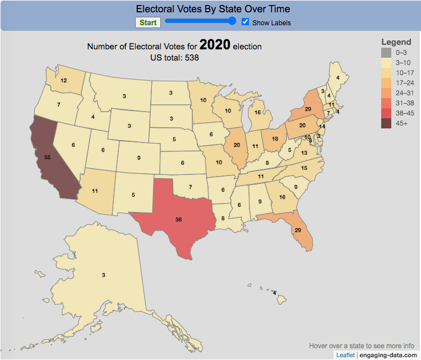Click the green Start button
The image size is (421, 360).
point(148,22)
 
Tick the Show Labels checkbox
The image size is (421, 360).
point(245,22)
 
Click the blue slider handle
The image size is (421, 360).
point(233,21)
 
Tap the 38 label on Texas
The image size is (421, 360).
point(178,220)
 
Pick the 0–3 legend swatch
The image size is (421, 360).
point(386,53)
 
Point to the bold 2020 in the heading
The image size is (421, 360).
point(215,45)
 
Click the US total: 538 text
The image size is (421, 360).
point(174,57)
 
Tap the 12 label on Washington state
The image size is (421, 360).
point(63,81)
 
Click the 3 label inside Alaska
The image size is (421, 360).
point(104,275)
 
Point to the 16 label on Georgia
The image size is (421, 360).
point(282,197)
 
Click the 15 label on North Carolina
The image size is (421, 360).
point(304,168)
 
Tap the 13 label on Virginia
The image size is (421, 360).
point(304,153)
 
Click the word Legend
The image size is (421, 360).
point(396,42)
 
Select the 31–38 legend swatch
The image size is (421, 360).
point(386,103)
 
